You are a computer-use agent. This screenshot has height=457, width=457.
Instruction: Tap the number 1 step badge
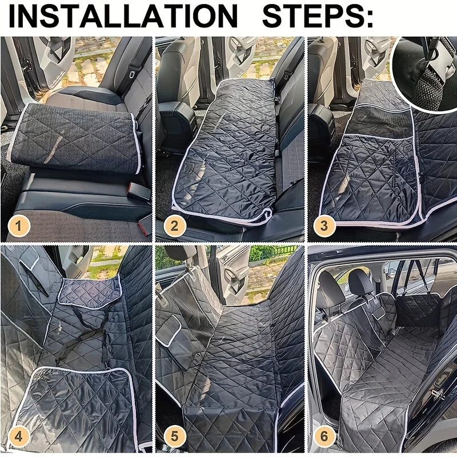[19, 226]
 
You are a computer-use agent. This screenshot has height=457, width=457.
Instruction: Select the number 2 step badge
[174, 226]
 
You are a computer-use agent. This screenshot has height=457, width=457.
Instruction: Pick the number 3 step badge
[324, 226]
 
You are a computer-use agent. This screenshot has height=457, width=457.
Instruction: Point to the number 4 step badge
[19, 437]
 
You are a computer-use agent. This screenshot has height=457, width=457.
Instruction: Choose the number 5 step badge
[174, 437]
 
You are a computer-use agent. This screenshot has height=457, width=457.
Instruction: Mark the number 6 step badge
[324, 437]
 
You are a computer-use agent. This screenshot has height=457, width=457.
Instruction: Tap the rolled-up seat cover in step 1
[77, 137]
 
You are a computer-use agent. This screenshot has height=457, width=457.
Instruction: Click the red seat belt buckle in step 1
[143, 227]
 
